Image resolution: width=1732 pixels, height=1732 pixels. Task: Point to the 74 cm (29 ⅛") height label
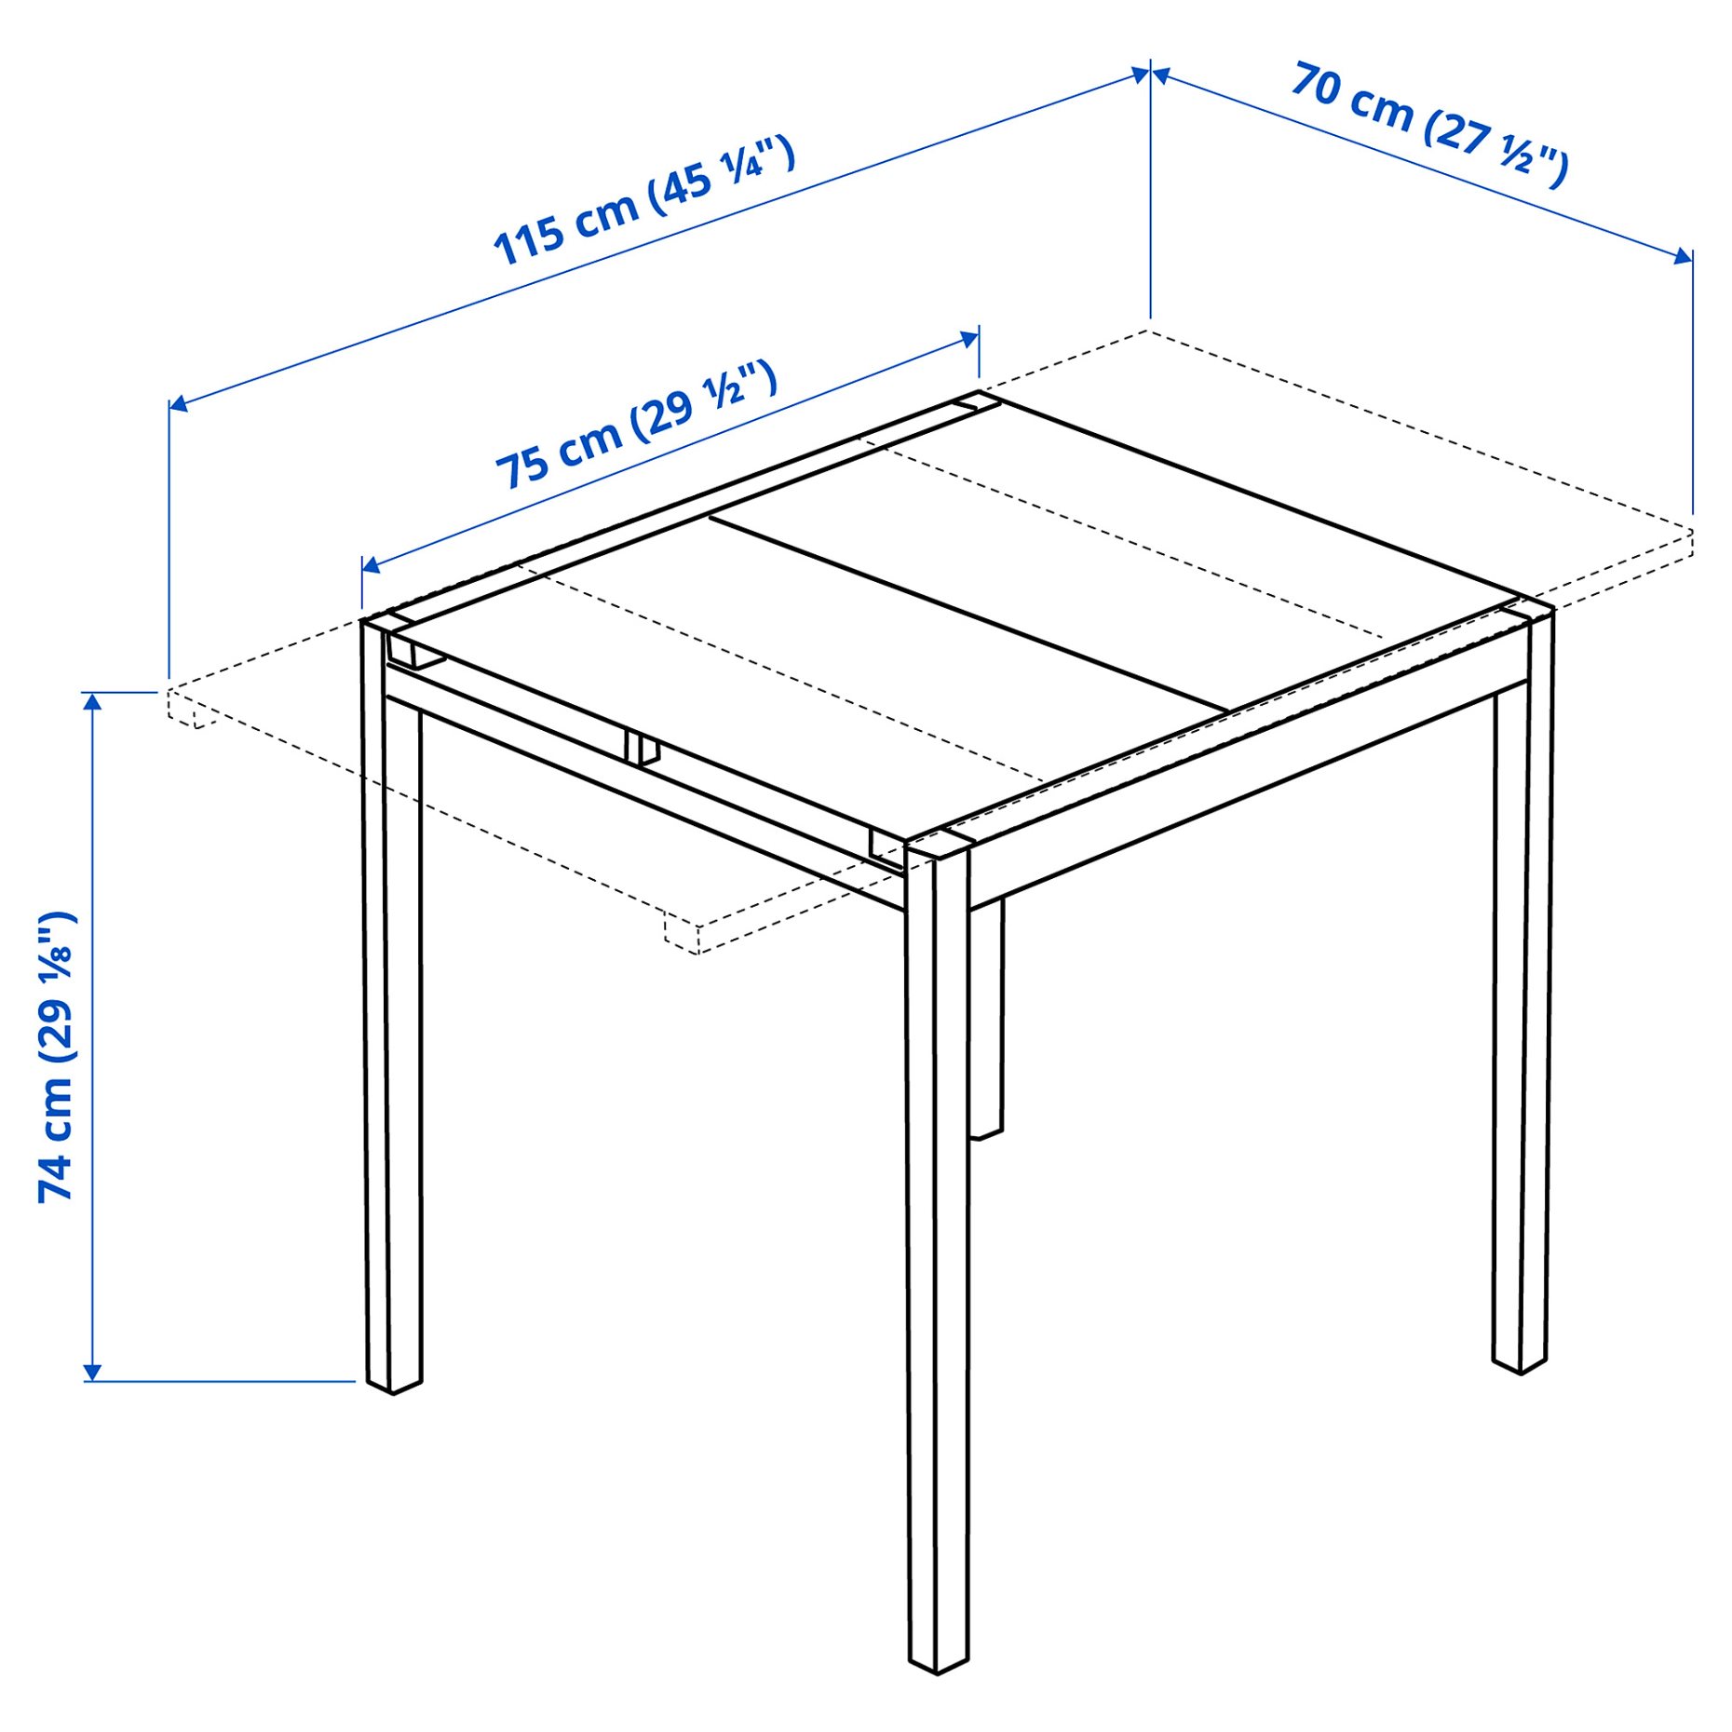tap(56, 1056)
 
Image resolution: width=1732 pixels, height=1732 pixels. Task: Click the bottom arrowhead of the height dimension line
tap(92, 1372)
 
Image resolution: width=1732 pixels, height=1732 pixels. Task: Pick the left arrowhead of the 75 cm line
tap(371, 564)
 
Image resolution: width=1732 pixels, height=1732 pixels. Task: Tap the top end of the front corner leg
tap(939, 844)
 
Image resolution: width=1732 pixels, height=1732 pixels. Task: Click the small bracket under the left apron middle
tap(643, 748)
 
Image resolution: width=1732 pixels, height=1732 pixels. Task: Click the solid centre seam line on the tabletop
tap(968, 610)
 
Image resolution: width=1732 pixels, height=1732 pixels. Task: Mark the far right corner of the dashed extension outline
tap(1691, 533)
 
